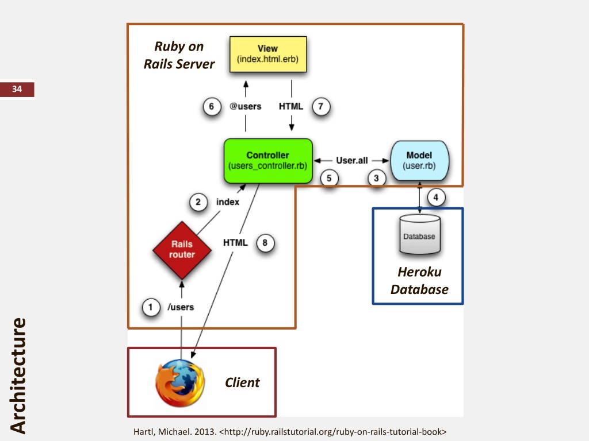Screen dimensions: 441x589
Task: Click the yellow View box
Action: click(x=268, y=54)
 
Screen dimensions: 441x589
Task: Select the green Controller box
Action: click(x=267, y=161)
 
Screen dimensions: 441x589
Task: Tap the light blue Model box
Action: click(x=419, y=160)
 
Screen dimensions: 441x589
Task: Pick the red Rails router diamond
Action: click(x=182, y=249)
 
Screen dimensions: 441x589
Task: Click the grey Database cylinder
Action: click(x=419, y=234)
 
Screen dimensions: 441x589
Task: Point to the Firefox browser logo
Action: click(x=180, y=383)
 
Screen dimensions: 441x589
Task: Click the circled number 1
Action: click(x=151, y=307)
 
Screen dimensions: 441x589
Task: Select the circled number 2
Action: click(x=198, y=202)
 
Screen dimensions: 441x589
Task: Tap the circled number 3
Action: click(x=376, y=179)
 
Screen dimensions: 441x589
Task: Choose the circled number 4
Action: click(x=435, y=198)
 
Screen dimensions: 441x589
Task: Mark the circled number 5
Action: click(x=329, y=179)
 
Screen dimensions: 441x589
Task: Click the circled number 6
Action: click(x=212, y=106)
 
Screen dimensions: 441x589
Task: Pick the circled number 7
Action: click(x=321, y=106)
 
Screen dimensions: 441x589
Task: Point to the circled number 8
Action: click(x=265, y=243)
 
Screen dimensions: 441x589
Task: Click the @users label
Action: click(x=246, y=106)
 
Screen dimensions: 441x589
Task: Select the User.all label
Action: click(x=352, y=161)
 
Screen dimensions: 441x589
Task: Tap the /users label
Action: click(x=181, y=307)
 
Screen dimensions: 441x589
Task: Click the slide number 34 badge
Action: click(x=17, y=89)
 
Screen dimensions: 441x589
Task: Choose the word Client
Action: click(x=242, y=382)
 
